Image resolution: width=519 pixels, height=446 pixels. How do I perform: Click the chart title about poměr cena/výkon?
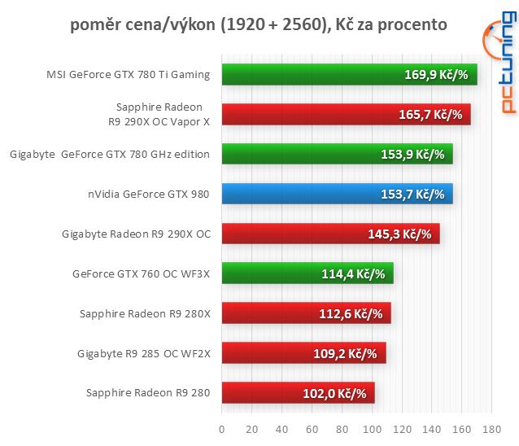pyautogui.click(x=259, y=24)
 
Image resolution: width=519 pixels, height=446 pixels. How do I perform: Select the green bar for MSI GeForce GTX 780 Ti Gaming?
pyautogui.click(x=348, y=75)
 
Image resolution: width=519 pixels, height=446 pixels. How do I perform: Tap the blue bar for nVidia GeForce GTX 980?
pyautogui.click(x=336, y=194)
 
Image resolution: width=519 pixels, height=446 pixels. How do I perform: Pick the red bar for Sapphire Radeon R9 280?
pyautogui.click(x=297, y=393)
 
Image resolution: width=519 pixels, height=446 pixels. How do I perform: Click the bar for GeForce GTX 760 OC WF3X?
pyautogui.click(x=307, y=273)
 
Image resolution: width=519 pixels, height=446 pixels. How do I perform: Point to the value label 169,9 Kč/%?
pyautogui.click(x=436, y=75)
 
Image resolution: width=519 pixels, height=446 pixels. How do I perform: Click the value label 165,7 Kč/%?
pyautogui.click(x=430, y=115)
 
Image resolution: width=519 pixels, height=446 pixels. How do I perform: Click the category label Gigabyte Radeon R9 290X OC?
pyautogui.click(x=136, y=234)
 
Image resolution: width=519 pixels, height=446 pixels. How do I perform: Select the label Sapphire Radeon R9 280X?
pyautogui.click(x=145, y=314)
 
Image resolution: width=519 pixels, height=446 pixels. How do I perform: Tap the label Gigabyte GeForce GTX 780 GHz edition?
pyautogui.click(x=110, y=155)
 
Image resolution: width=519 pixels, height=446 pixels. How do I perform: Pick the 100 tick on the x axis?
pyautogui.click(x=372, y=428)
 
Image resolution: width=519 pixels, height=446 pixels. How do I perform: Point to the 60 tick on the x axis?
pyautogui.click(x=312, y=428)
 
